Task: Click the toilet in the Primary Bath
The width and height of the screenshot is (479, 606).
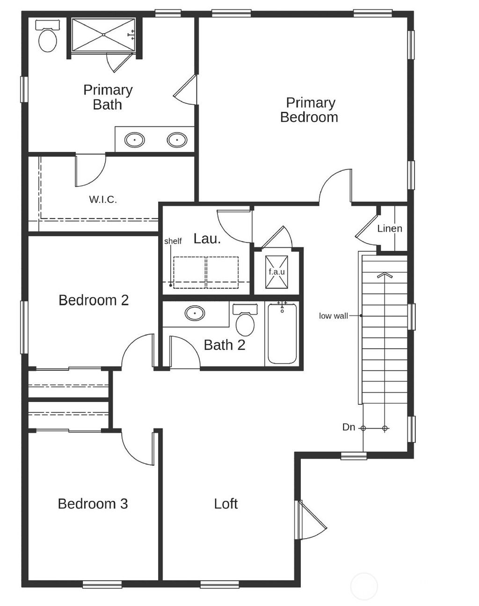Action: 47,37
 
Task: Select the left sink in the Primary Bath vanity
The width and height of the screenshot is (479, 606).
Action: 135,139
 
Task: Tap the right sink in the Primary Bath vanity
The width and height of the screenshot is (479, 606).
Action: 177,139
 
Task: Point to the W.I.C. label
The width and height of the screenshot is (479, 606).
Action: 103,200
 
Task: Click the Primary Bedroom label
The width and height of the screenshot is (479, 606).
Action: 309,110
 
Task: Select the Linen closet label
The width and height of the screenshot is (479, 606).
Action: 390,228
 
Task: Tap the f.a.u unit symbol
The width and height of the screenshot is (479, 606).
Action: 276,272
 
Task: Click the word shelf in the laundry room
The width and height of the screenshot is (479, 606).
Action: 173,241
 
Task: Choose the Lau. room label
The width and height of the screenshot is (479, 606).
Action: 207,239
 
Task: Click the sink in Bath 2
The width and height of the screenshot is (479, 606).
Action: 195,313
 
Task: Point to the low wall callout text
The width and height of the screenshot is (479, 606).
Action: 334,316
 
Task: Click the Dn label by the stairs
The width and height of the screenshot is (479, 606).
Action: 348,427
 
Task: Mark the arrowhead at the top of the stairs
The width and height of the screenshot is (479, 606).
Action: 385,275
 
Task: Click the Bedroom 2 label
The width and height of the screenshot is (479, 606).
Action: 94,300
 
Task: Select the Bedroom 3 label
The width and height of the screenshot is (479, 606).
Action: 93,504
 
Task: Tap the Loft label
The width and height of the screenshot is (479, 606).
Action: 225,504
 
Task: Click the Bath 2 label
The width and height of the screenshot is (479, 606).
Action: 225,345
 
